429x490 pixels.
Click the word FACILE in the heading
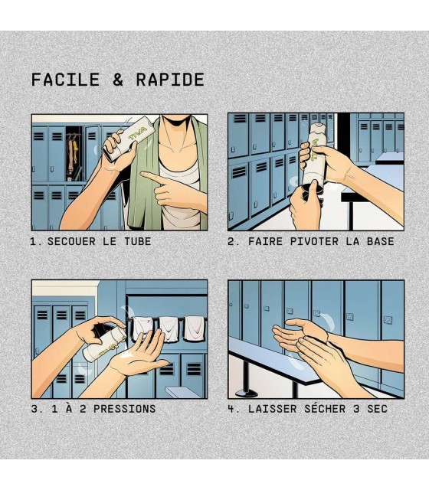(x=65, y=80)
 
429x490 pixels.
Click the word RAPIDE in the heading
(x=170, y=80)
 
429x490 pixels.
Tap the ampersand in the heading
(x=118, y=80)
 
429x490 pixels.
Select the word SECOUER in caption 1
(x=71, y=241)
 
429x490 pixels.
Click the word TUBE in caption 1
(x=138, y=241)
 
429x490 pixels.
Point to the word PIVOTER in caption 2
(x=314, y=241)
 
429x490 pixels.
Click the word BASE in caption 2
(x=380, y=241)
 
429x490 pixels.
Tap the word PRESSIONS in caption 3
(x=124, y=409)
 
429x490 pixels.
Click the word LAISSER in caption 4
(x=273, y=409)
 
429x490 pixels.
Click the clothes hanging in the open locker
(x=73, y=154)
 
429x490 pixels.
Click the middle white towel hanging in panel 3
(x=169, y=329)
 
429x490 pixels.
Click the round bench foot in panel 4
(x=247, y=393)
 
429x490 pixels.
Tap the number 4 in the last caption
(x=231, y=409)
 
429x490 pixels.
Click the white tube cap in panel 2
(x=316, y=129)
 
